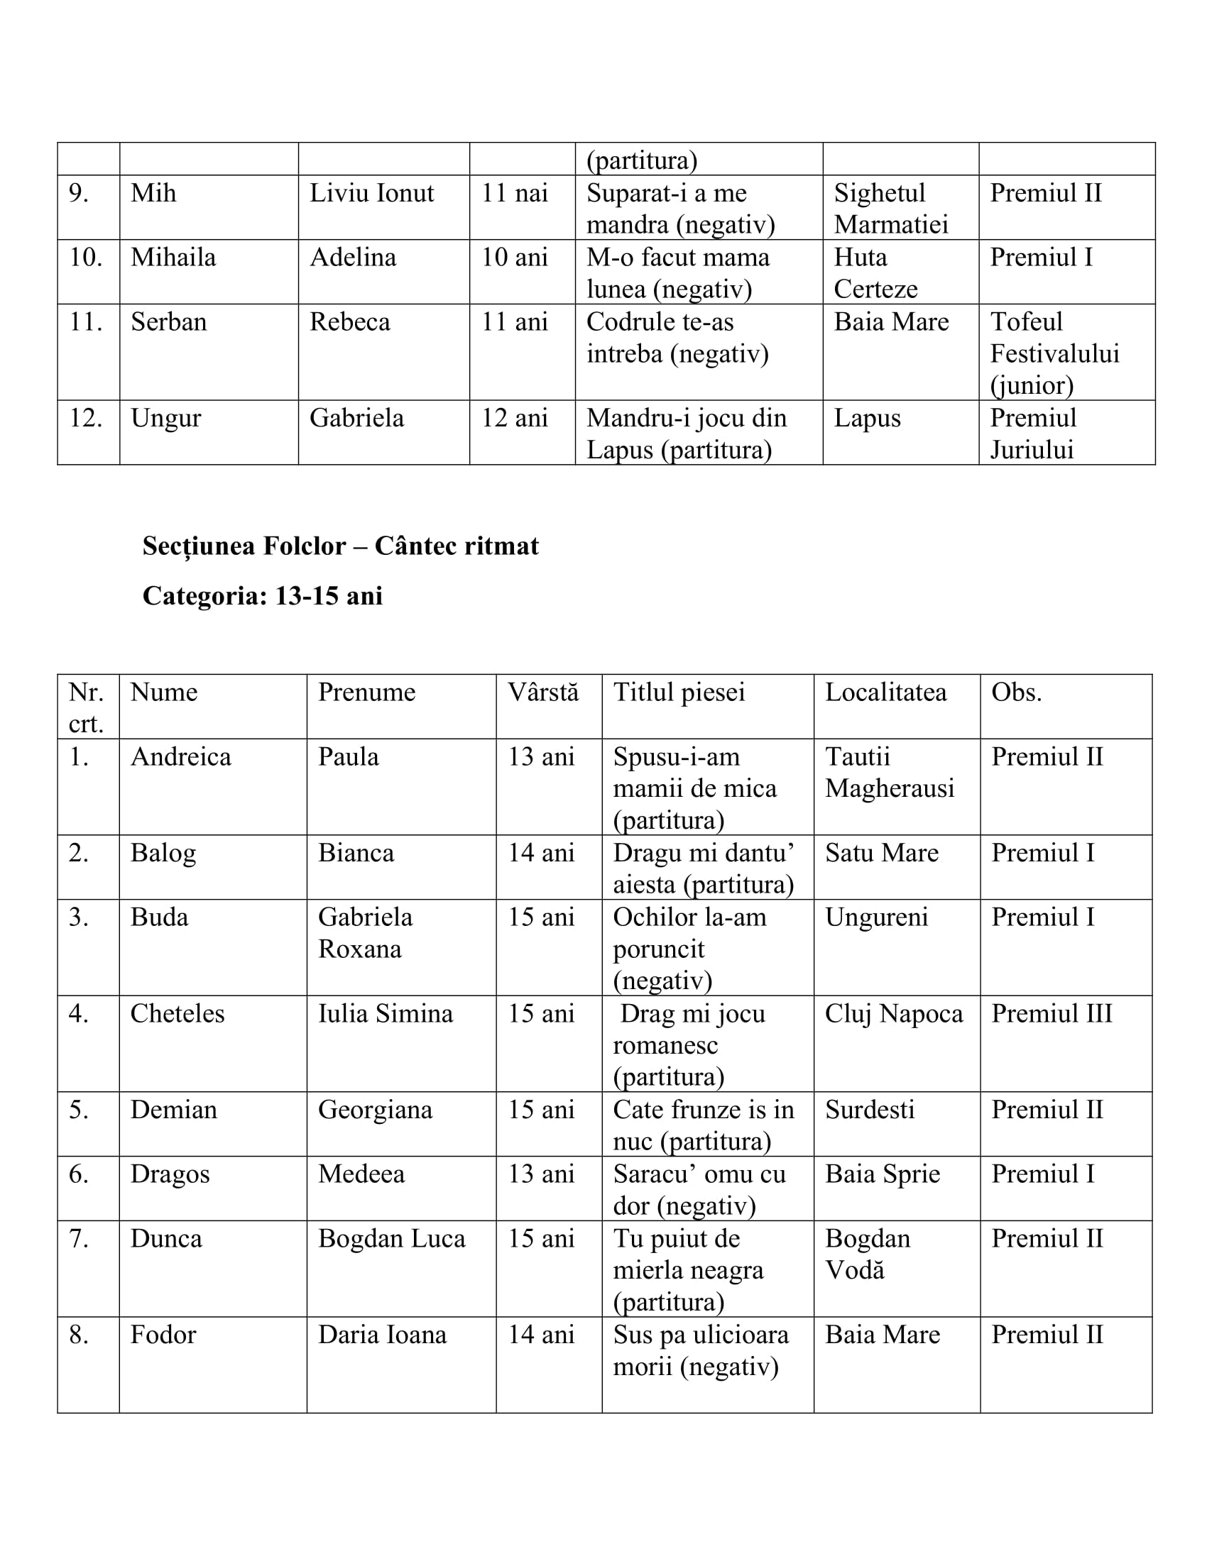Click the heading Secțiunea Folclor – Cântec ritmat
point(340,546)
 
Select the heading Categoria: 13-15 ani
point(263,595)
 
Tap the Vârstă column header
point(542,692)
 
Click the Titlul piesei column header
point(679,692)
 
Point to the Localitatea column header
point(885,692)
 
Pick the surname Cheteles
point(177,1013)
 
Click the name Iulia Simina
point(386,1013)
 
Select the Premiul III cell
point(1051,1013)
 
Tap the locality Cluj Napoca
point(894,1013)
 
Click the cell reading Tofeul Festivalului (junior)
point(1054,353)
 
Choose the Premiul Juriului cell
point(1032,433)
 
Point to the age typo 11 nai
point(514,193)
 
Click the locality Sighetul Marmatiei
point(890,209)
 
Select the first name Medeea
point(361,1174)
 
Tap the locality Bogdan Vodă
point(868,1254)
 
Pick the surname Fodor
point(163,1335)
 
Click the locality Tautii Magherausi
point(890,773)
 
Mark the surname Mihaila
point(173,258)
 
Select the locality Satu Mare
point(882,853)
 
